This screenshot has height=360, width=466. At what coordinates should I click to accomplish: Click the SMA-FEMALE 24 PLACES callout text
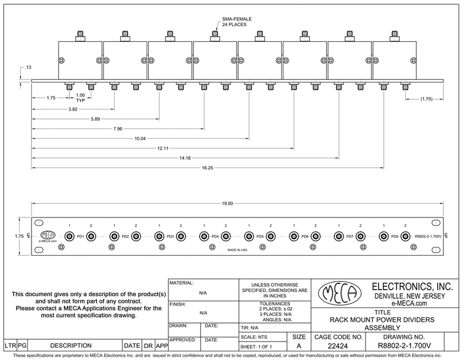[237, 22]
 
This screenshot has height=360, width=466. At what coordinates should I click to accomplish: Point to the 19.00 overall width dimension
[227, 204]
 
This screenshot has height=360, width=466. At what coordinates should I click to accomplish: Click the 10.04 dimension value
[141, 138]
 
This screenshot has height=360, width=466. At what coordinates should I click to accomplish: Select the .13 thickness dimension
[28, 67]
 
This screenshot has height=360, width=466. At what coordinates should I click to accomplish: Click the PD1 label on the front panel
[80, 237]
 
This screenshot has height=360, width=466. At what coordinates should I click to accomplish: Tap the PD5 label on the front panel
[260, 237]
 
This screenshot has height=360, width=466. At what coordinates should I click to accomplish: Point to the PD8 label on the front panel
[395, 237]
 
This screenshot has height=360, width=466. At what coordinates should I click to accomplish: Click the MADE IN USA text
[237, 249]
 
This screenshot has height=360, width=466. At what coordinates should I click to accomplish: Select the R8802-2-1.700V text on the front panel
[428, 237]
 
